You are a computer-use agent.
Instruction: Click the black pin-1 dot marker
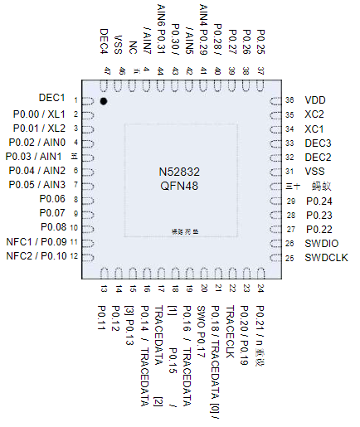click(x=104, y=101)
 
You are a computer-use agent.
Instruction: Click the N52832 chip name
click(x=180, y=171)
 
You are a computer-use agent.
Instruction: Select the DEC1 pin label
click(x=52, y=99)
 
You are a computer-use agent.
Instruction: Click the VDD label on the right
click(x=315, y=99)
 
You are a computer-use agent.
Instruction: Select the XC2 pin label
click(x=314, y=114)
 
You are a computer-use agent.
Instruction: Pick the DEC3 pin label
click(x=318, y=143)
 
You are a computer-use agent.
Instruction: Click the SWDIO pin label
click(x=321, y=243)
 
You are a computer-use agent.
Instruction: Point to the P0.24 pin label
click(x=319, y=201)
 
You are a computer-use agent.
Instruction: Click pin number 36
click(x=289, y=99)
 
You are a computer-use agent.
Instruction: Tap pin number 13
click(x=105, y=289)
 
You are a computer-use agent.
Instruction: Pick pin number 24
click(x=260, y=289)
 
